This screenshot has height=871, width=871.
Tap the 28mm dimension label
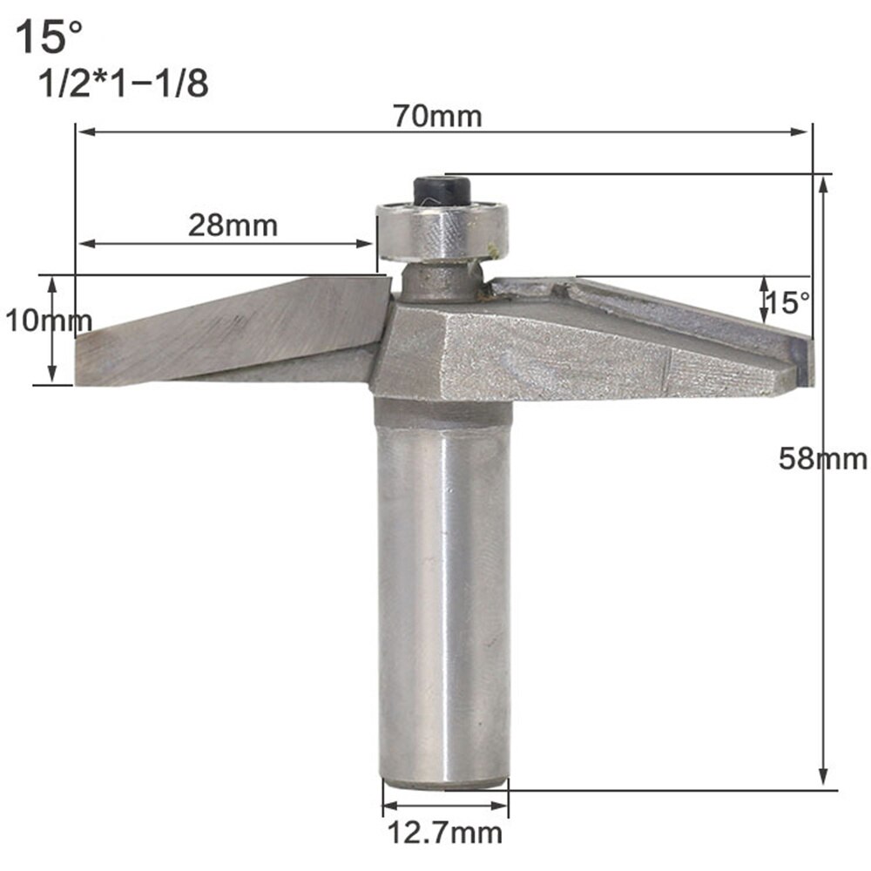click(233, 225)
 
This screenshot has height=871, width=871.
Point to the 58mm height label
click(822, 458)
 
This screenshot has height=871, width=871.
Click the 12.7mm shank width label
click(445, 832)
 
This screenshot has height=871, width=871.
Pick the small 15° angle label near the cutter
click(789, 302)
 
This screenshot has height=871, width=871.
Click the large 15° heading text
click(51, 39)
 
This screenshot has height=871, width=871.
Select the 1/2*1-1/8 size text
click(123, 85)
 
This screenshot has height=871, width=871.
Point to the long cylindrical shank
click(444, 592)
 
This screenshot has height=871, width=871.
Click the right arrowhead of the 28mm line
click(368, 244)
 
